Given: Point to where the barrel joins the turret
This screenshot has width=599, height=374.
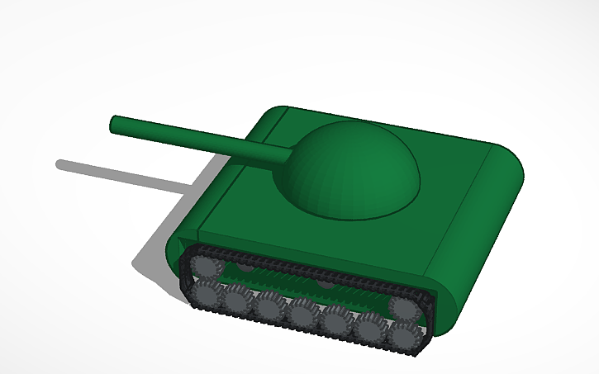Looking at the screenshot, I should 289,154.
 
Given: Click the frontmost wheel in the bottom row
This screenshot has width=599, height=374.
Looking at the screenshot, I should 206,292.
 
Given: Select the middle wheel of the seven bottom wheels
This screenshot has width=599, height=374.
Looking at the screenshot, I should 302,314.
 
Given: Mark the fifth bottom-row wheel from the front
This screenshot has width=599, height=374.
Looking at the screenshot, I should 335,320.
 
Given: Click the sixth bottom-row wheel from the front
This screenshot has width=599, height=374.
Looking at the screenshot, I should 368,327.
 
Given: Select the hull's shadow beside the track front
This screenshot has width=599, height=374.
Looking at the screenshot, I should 157,256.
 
